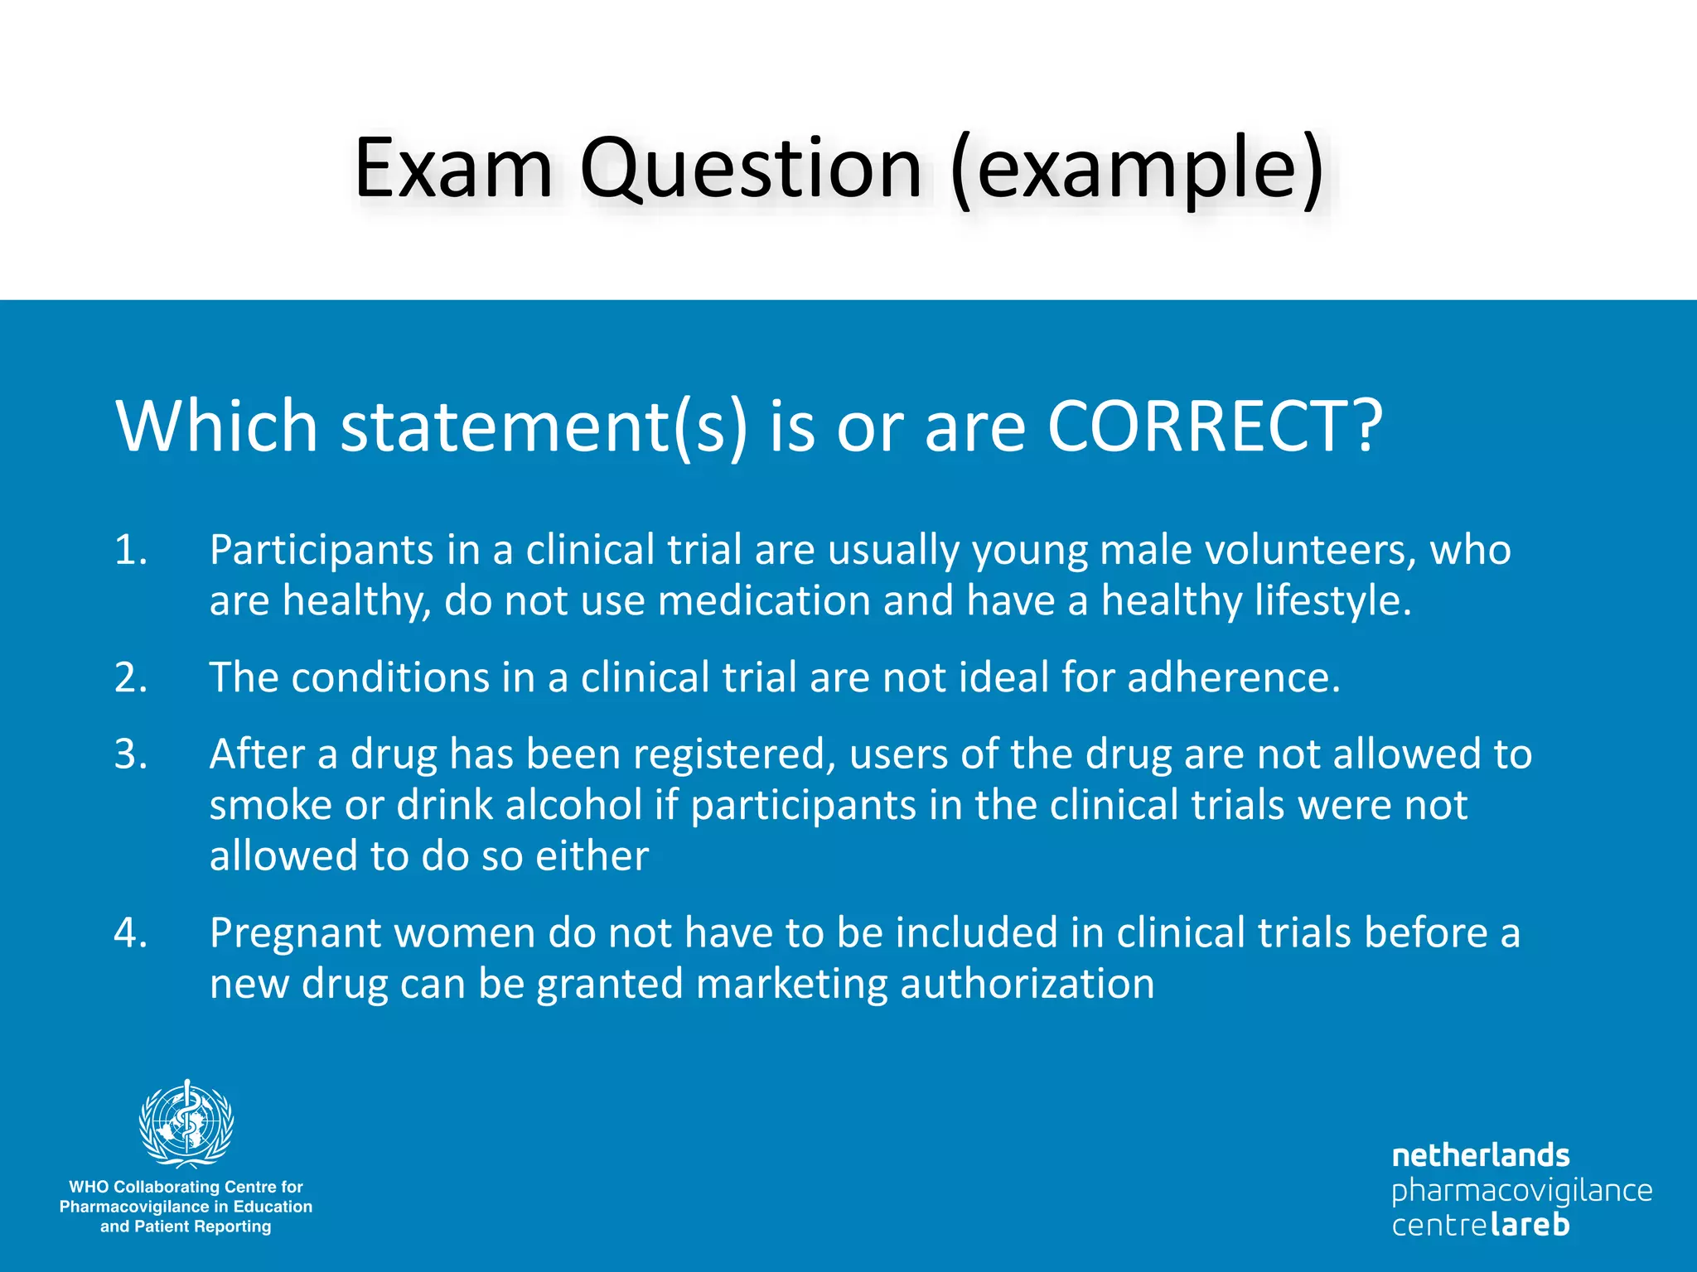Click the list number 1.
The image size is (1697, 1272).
tap(130, 550)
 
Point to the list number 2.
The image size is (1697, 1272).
tap(130, 677)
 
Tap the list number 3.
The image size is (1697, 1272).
tap(130, 754)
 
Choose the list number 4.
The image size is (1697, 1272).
tap(130, 932)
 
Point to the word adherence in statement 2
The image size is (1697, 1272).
tap(1233, 677)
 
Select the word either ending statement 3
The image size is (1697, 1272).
tap(592, 855)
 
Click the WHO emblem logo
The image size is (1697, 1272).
tap(186, 1125)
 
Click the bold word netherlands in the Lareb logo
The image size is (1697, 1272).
tap(1480, 1155)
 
